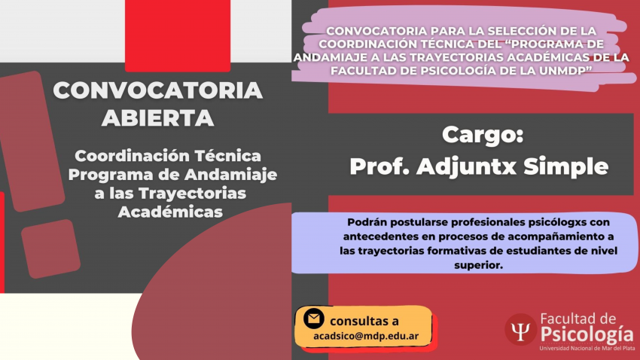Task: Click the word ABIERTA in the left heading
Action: click(x=158, y=118)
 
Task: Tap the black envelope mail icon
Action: click(x=314, y=319)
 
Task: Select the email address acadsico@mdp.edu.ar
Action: click(x=366, y=337)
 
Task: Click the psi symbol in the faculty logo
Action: click(x=521, y=330)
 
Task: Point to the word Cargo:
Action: click(x=483, y=134)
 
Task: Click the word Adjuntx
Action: click(x=467, y=166)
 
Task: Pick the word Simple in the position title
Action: click(x=566, y=166)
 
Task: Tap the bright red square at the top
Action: click(x=178, y=35)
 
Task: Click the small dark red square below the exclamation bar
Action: click(x=50, y=249)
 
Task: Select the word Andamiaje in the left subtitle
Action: click(x=230, y=175)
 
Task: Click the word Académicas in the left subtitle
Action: click(x=170, y=212)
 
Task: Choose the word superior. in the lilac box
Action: click(x=478, y=265)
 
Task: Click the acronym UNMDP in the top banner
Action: click(x=565, y=71)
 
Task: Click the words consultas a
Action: click(x=364, y=322)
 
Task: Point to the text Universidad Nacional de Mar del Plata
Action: click(x=587, y=349)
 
